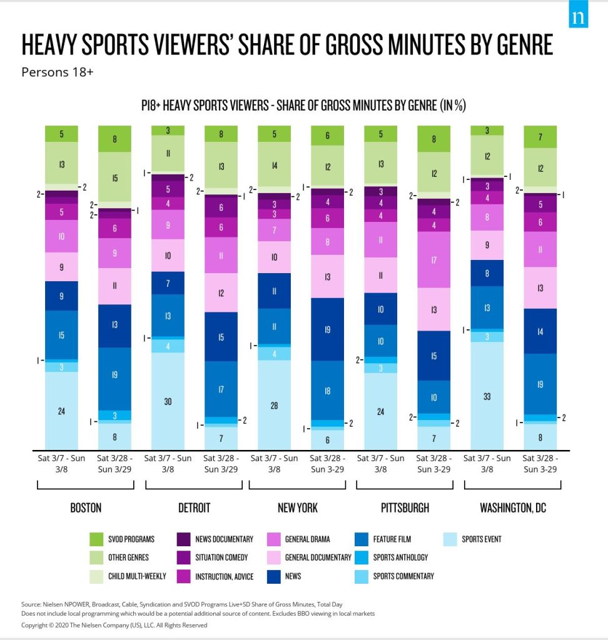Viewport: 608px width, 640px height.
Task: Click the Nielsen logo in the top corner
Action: [578, 17]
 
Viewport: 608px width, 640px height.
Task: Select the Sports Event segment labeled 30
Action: [168, 401]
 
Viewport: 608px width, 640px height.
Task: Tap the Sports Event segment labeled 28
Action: [274, 405]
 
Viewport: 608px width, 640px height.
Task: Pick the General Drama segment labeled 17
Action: [434, 259]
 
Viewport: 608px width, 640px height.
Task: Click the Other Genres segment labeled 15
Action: [114, 177]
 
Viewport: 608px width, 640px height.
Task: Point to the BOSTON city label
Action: [86, 507]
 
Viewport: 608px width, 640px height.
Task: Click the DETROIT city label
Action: [193, 507]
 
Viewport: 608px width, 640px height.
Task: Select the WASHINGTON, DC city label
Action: [513, 507]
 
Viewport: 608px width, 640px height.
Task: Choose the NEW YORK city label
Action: [298, 507]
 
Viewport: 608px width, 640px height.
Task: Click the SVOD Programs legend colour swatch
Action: [96, 539]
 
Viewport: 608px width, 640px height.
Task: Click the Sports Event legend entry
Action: [481, 539]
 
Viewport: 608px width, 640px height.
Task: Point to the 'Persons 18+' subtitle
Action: [57, 72]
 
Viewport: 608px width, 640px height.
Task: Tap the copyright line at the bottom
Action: [114, 624]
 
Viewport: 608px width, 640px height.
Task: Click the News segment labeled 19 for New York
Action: [327, 329]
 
